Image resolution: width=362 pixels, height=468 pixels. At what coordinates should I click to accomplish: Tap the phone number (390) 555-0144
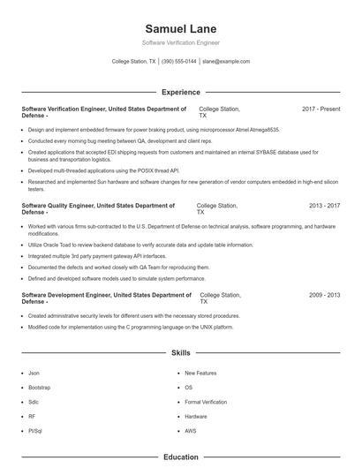pos(179,62)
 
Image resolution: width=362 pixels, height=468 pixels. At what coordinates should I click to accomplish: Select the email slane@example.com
pos(226,62)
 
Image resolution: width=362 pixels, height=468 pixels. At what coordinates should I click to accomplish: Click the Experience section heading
pos(180,92)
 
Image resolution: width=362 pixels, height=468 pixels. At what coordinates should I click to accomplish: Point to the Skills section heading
pos(180,352)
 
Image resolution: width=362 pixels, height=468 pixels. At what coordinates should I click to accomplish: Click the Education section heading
pos(180,457)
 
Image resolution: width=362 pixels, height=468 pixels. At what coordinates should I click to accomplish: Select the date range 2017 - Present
pos(321,109)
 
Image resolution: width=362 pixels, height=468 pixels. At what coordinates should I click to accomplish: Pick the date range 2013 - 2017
pos(324,206)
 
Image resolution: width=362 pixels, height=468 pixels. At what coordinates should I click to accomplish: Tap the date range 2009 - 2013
pos(324,295)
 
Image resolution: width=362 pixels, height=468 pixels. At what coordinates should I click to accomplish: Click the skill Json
pos(34,374)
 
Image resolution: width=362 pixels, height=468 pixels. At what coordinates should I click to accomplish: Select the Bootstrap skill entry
pos(39,388)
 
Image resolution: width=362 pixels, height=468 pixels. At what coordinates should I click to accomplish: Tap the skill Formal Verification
pos(205,402)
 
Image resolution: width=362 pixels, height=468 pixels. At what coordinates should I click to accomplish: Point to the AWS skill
pos(190,430)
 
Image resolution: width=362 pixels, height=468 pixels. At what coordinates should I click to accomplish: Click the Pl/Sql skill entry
pos(35,430)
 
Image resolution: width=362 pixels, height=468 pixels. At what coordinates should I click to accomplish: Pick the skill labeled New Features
pos(200,374)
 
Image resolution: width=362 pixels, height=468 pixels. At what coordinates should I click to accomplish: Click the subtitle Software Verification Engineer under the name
pos(180,42)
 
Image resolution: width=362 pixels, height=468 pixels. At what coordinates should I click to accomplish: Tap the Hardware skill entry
pos(196,416)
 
